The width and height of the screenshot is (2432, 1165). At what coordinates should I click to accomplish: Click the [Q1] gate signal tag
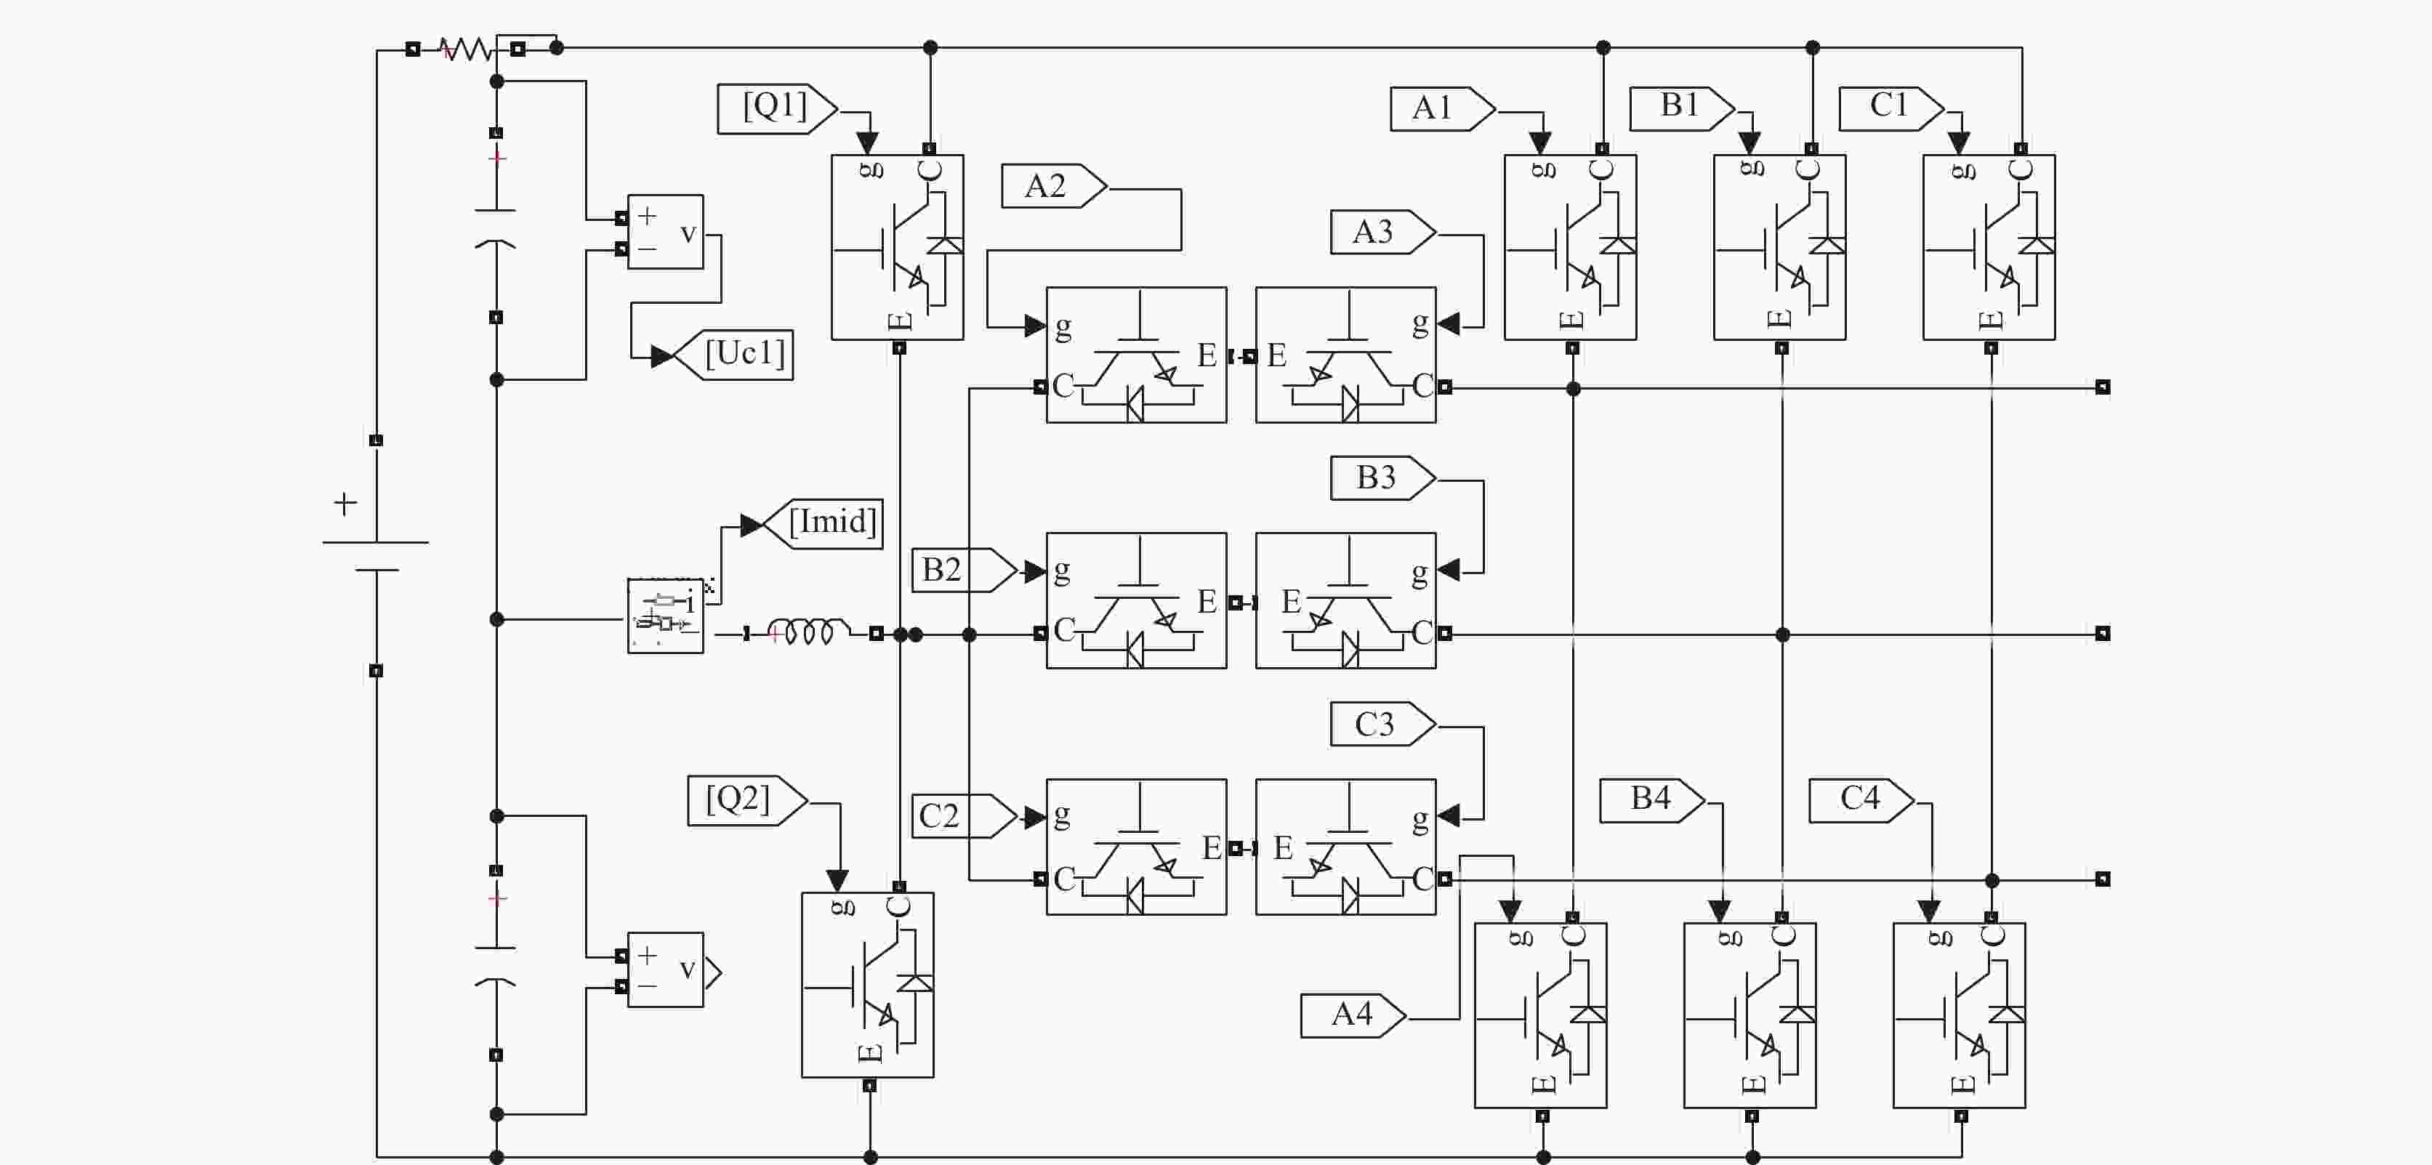pos(777,108)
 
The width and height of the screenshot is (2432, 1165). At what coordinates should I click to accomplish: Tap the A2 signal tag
pos(1055,186)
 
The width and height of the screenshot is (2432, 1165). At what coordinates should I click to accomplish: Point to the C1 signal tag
pos(1892,108)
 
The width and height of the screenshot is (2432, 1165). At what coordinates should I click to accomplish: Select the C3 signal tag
pos(1383,724)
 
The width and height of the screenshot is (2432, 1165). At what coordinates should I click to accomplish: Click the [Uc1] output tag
pos(733,355)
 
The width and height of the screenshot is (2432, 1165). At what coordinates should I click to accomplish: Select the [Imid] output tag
pos(822,524)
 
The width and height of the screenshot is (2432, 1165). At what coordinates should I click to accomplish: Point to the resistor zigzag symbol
pos(467,48)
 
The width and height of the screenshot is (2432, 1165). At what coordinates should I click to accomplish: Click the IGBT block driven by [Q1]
pos(897,247)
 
